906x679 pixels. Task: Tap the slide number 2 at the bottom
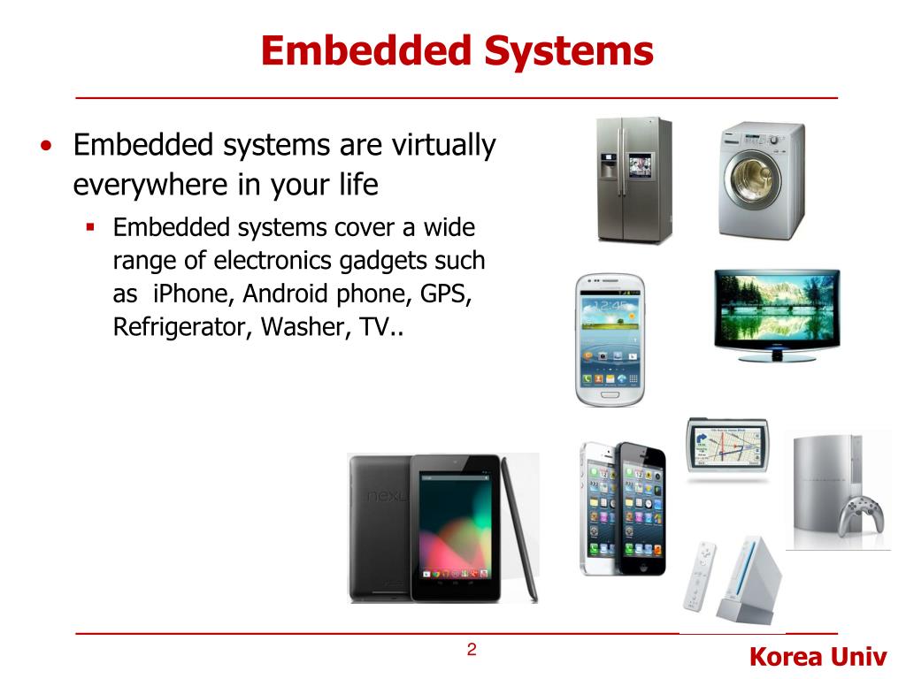[x=472, y=651]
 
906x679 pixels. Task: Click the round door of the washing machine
[x=754, y=184]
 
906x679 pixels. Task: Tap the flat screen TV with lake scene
[x=777, y=315]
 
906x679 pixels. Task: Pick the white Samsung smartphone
[x=610, y=339]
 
